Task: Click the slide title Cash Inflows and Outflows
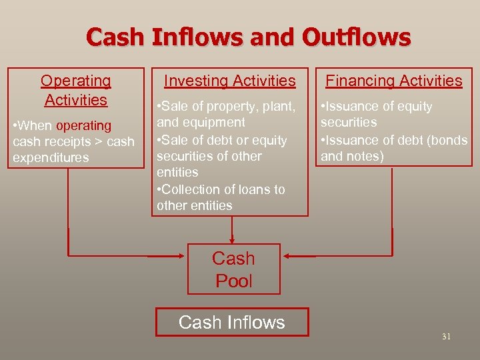coord(248,37)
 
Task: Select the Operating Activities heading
coord(75,90)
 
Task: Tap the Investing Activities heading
coord(230,81)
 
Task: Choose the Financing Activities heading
coord(393,81)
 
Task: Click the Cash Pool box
coord(233,269)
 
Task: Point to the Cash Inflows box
coord(232,322)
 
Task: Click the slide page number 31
coord(446,337)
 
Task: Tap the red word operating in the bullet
coord(84,125)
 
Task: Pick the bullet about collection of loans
coord(221,197)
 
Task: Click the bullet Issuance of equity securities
coord(377,115)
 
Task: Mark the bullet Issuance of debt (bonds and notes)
coord(393,148)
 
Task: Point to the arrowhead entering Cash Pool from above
coord(232,239)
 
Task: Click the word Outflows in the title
coord(357,37)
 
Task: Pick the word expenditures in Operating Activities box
coord(50,158)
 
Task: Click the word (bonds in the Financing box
coord(449,140)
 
